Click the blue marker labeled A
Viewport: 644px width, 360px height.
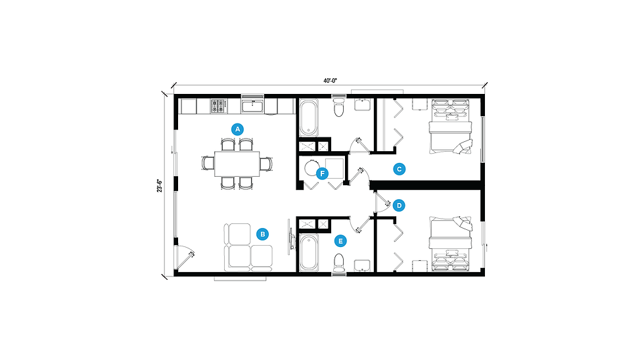tap(237, 129)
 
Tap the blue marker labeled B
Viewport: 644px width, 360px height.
tap(262, 235)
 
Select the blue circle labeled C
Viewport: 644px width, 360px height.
tap(400, 169)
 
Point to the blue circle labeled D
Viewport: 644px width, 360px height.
tap(399, 205)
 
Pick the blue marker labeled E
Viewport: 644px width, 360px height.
tap(340, 241)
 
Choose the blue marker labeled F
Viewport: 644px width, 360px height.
tap(323, 173)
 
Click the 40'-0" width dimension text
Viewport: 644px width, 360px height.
tap(330, 81)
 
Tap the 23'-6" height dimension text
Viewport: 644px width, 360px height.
tap(159, 185)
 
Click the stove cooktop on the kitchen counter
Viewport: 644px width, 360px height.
tap(218, 106)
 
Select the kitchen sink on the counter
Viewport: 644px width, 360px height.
tap(252, 106)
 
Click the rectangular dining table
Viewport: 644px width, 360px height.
tap(237, 164)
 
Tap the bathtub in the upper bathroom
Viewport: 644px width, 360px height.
tap(308, 118)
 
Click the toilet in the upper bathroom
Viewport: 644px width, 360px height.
tap(339, 106)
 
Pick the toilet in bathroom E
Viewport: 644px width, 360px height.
tap(339, 263)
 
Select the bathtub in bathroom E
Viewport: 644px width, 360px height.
tap(308, 252)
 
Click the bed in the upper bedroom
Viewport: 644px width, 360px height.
tap(451, 126)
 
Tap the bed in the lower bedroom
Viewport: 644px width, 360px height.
tap(451, 244)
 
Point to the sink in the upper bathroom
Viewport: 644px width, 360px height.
tap(363, 104)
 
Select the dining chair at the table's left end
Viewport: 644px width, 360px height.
tap(208, 164)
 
